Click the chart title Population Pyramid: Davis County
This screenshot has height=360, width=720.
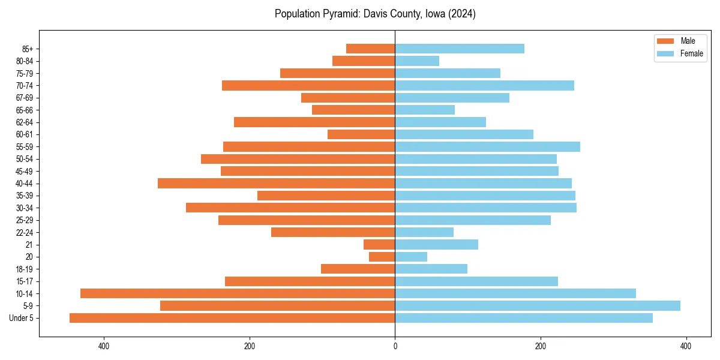(x=375, y=14)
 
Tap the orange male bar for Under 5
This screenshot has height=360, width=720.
(x=232, y=318)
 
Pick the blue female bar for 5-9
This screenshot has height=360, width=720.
(x=538, y=305)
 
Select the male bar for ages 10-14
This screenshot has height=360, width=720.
(x=238, y=293)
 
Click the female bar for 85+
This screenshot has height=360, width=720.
(x=460, y=49)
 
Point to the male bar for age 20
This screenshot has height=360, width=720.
(x=382, y=257)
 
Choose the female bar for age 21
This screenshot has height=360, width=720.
(x=437, y=244)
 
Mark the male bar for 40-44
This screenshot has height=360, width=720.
(x=277, y=183)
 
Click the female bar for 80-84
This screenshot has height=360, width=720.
(x=417, y=61)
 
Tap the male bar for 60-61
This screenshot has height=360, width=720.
(x=361, y=134)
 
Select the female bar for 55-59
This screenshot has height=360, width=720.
(x=488, y=146)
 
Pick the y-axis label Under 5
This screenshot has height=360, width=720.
(x=22, y=318)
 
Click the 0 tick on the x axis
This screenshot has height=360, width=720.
(x=395, y=346)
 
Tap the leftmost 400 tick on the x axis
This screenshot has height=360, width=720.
(x=104, y=346)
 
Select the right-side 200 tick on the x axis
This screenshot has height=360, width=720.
(x=541, y=346)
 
